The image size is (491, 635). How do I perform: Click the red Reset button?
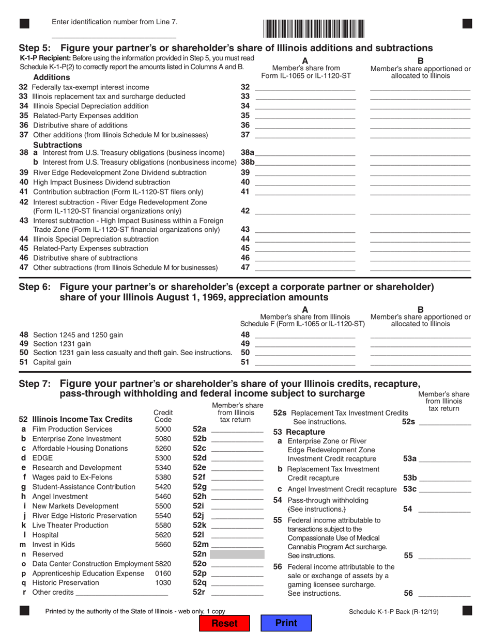click(x=225, y=623)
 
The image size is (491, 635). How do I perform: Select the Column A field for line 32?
click(x=305, y=87)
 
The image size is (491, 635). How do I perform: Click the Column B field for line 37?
click(x=420, y=135)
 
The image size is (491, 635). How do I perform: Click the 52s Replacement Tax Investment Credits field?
click(x=445, y=422)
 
